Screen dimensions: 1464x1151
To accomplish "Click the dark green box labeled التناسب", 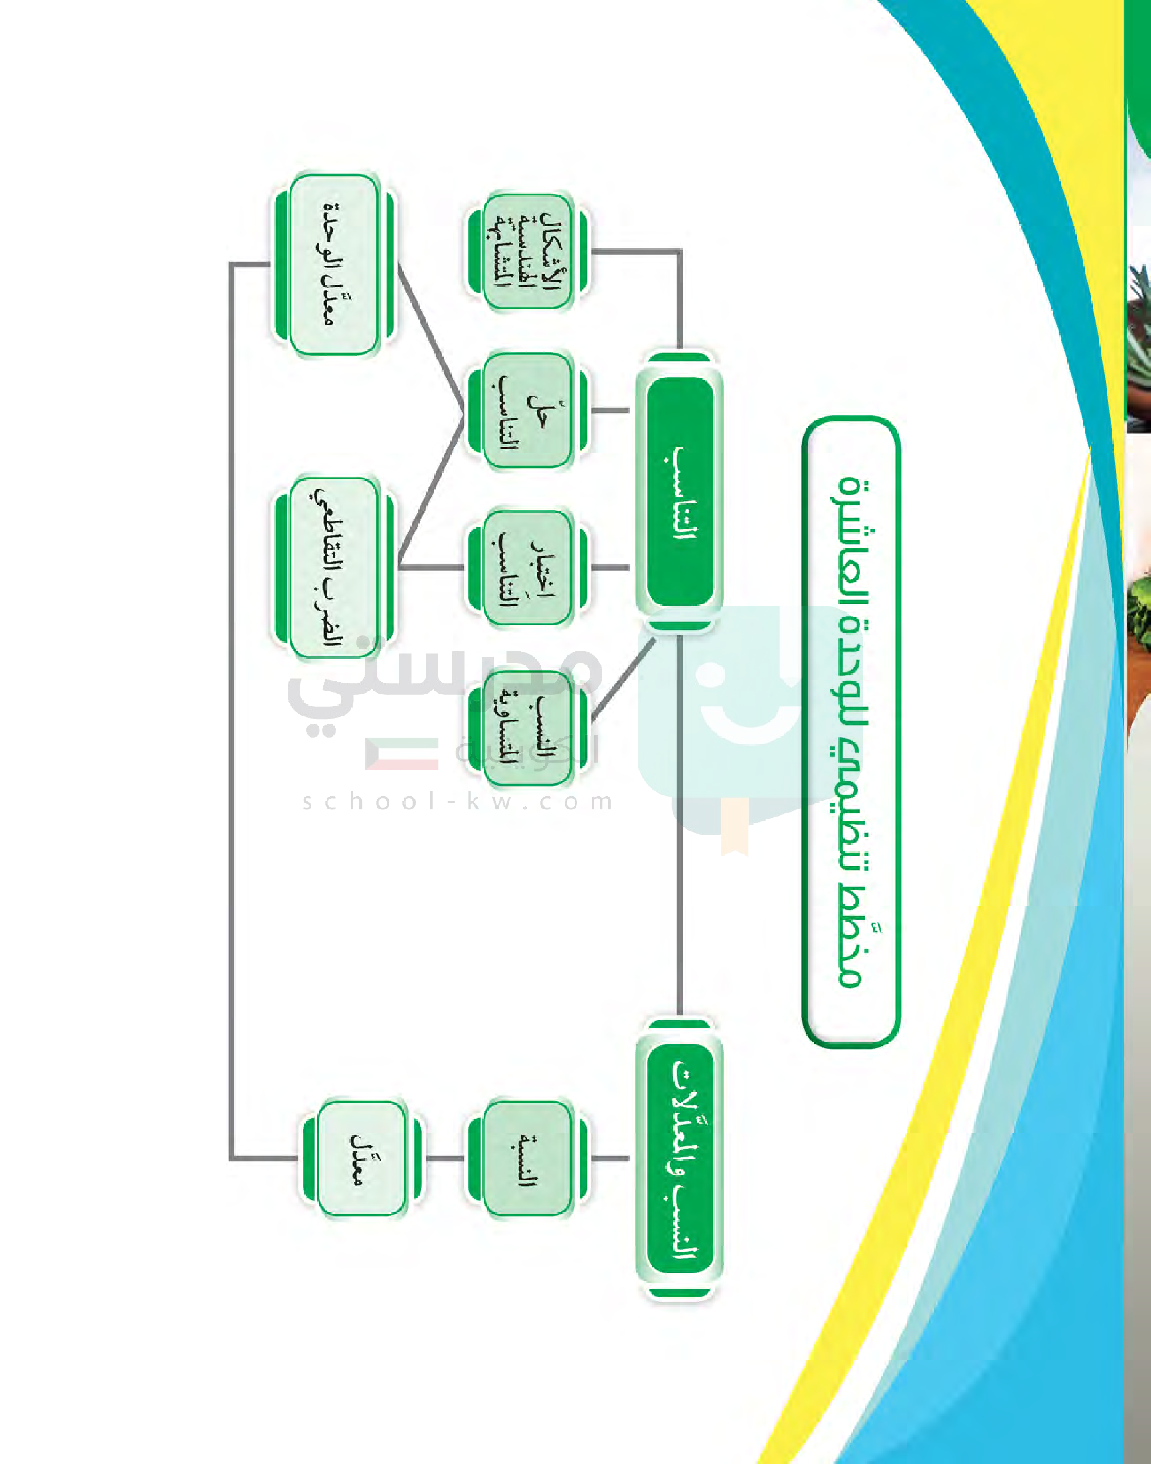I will coord(679,491).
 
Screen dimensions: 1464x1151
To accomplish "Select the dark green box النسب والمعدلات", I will coord(679,1159).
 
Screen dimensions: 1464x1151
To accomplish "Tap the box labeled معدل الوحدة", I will coord(333,265).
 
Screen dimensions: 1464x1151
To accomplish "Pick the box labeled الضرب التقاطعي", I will coord(333,567).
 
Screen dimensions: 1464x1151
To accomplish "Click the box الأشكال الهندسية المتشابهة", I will coord(527,251).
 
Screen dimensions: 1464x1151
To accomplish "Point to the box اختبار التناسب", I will coord(527,568).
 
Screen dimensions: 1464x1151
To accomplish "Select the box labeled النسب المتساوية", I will coord(527,728).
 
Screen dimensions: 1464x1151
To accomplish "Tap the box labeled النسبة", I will coord(527,1159).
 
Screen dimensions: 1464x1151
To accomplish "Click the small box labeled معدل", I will coord(361,1159).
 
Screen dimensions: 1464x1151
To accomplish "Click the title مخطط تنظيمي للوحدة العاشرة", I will coord(851,731).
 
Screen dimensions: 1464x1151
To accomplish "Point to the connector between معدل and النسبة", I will coord(445,1159).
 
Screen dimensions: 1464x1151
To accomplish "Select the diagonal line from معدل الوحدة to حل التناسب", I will coord(431,337).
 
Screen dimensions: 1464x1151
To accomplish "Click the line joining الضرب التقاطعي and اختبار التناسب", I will coord(431,568).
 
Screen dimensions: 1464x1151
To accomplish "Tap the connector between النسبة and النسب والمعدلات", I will coord(610,1159).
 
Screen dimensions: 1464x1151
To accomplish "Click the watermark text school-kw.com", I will coord(458,802).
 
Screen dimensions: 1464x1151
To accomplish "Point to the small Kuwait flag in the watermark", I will coord(402,754).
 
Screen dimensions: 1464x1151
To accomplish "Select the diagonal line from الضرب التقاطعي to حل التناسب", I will coord(431,489).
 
